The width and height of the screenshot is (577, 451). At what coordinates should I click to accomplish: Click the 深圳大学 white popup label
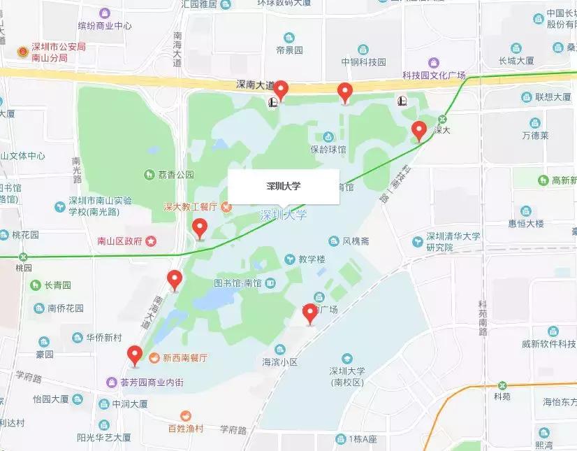pos(284,187)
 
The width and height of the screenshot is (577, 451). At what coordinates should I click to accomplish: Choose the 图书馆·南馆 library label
pos(238,283)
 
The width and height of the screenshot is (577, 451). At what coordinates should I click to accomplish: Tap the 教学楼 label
pos(312,259)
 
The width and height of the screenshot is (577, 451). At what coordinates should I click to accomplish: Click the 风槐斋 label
pos(356,241)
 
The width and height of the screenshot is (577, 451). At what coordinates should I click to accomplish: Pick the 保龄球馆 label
pos(328,149)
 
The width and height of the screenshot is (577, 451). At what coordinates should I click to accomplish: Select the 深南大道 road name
pos(254,85)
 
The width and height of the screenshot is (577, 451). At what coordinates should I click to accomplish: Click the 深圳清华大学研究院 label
pos(453,242)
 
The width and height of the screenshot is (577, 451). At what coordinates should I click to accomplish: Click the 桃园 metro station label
pos(24,267)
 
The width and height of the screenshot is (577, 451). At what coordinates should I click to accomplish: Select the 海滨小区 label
pos(280,362)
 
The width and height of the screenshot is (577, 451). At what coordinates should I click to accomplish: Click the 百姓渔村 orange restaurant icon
pos(186,415)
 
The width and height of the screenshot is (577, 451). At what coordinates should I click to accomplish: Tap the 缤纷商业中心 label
pos(105,26)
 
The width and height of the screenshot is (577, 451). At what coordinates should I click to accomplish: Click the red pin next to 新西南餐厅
pos(134,355)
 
